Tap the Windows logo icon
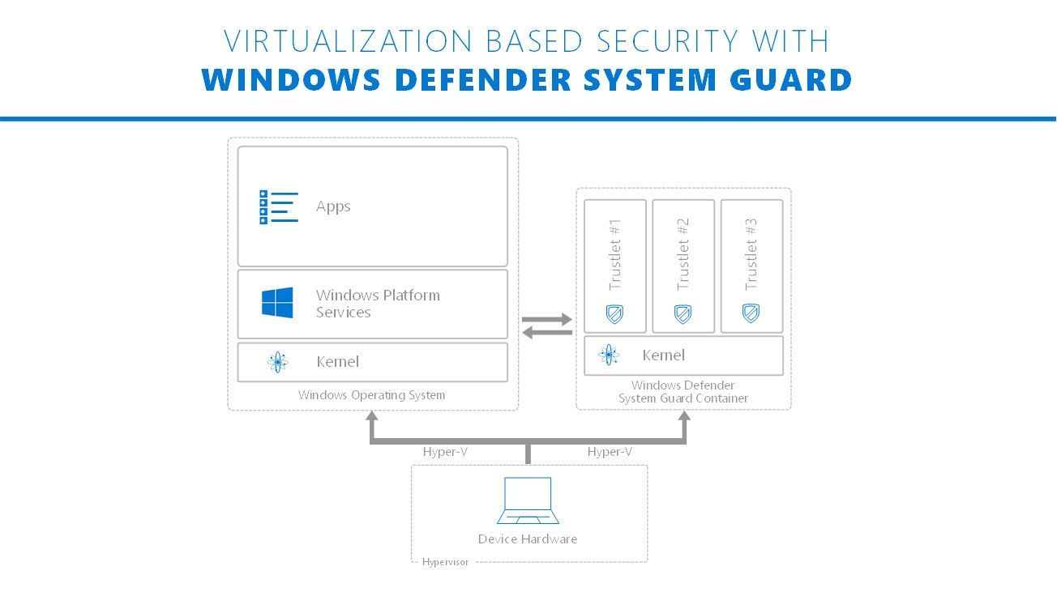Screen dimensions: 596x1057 [277, 303]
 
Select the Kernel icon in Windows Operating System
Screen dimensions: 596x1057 [277, 362]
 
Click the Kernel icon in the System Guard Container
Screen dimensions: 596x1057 [609, 355]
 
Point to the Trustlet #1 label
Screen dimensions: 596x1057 [615, 253]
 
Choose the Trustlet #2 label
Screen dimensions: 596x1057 [683, 253]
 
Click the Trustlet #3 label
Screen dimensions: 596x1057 [751, 253]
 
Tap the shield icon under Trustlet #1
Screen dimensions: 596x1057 [615, 313]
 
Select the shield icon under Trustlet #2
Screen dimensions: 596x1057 [683, 313]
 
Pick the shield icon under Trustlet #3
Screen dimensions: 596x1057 [751, 313]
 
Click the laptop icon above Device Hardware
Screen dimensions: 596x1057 [528, 500]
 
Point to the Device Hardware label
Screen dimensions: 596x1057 [528, 539]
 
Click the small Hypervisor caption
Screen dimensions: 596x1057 [445, 562]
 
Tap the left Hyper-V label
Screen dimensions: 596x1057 [445, 452]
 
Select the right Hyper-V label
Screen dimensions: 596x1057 [610, 452]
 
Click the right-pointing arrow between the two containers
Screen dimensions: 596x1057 [548, 320]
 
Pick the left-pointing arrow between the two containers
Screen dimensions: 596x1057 [546, 332]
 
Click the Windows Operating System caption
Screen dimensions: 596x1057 [371, 395]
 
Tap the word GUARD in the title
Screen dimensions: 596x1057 [790, 80]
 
